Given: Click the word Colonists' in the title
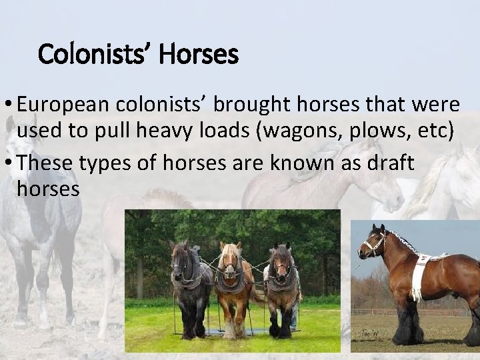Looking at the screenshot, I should pos(96,54).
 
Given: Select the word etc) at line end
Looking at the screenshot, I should pos(436,132).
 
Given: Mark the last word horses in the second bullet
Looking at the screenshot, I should pos(48,189).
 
